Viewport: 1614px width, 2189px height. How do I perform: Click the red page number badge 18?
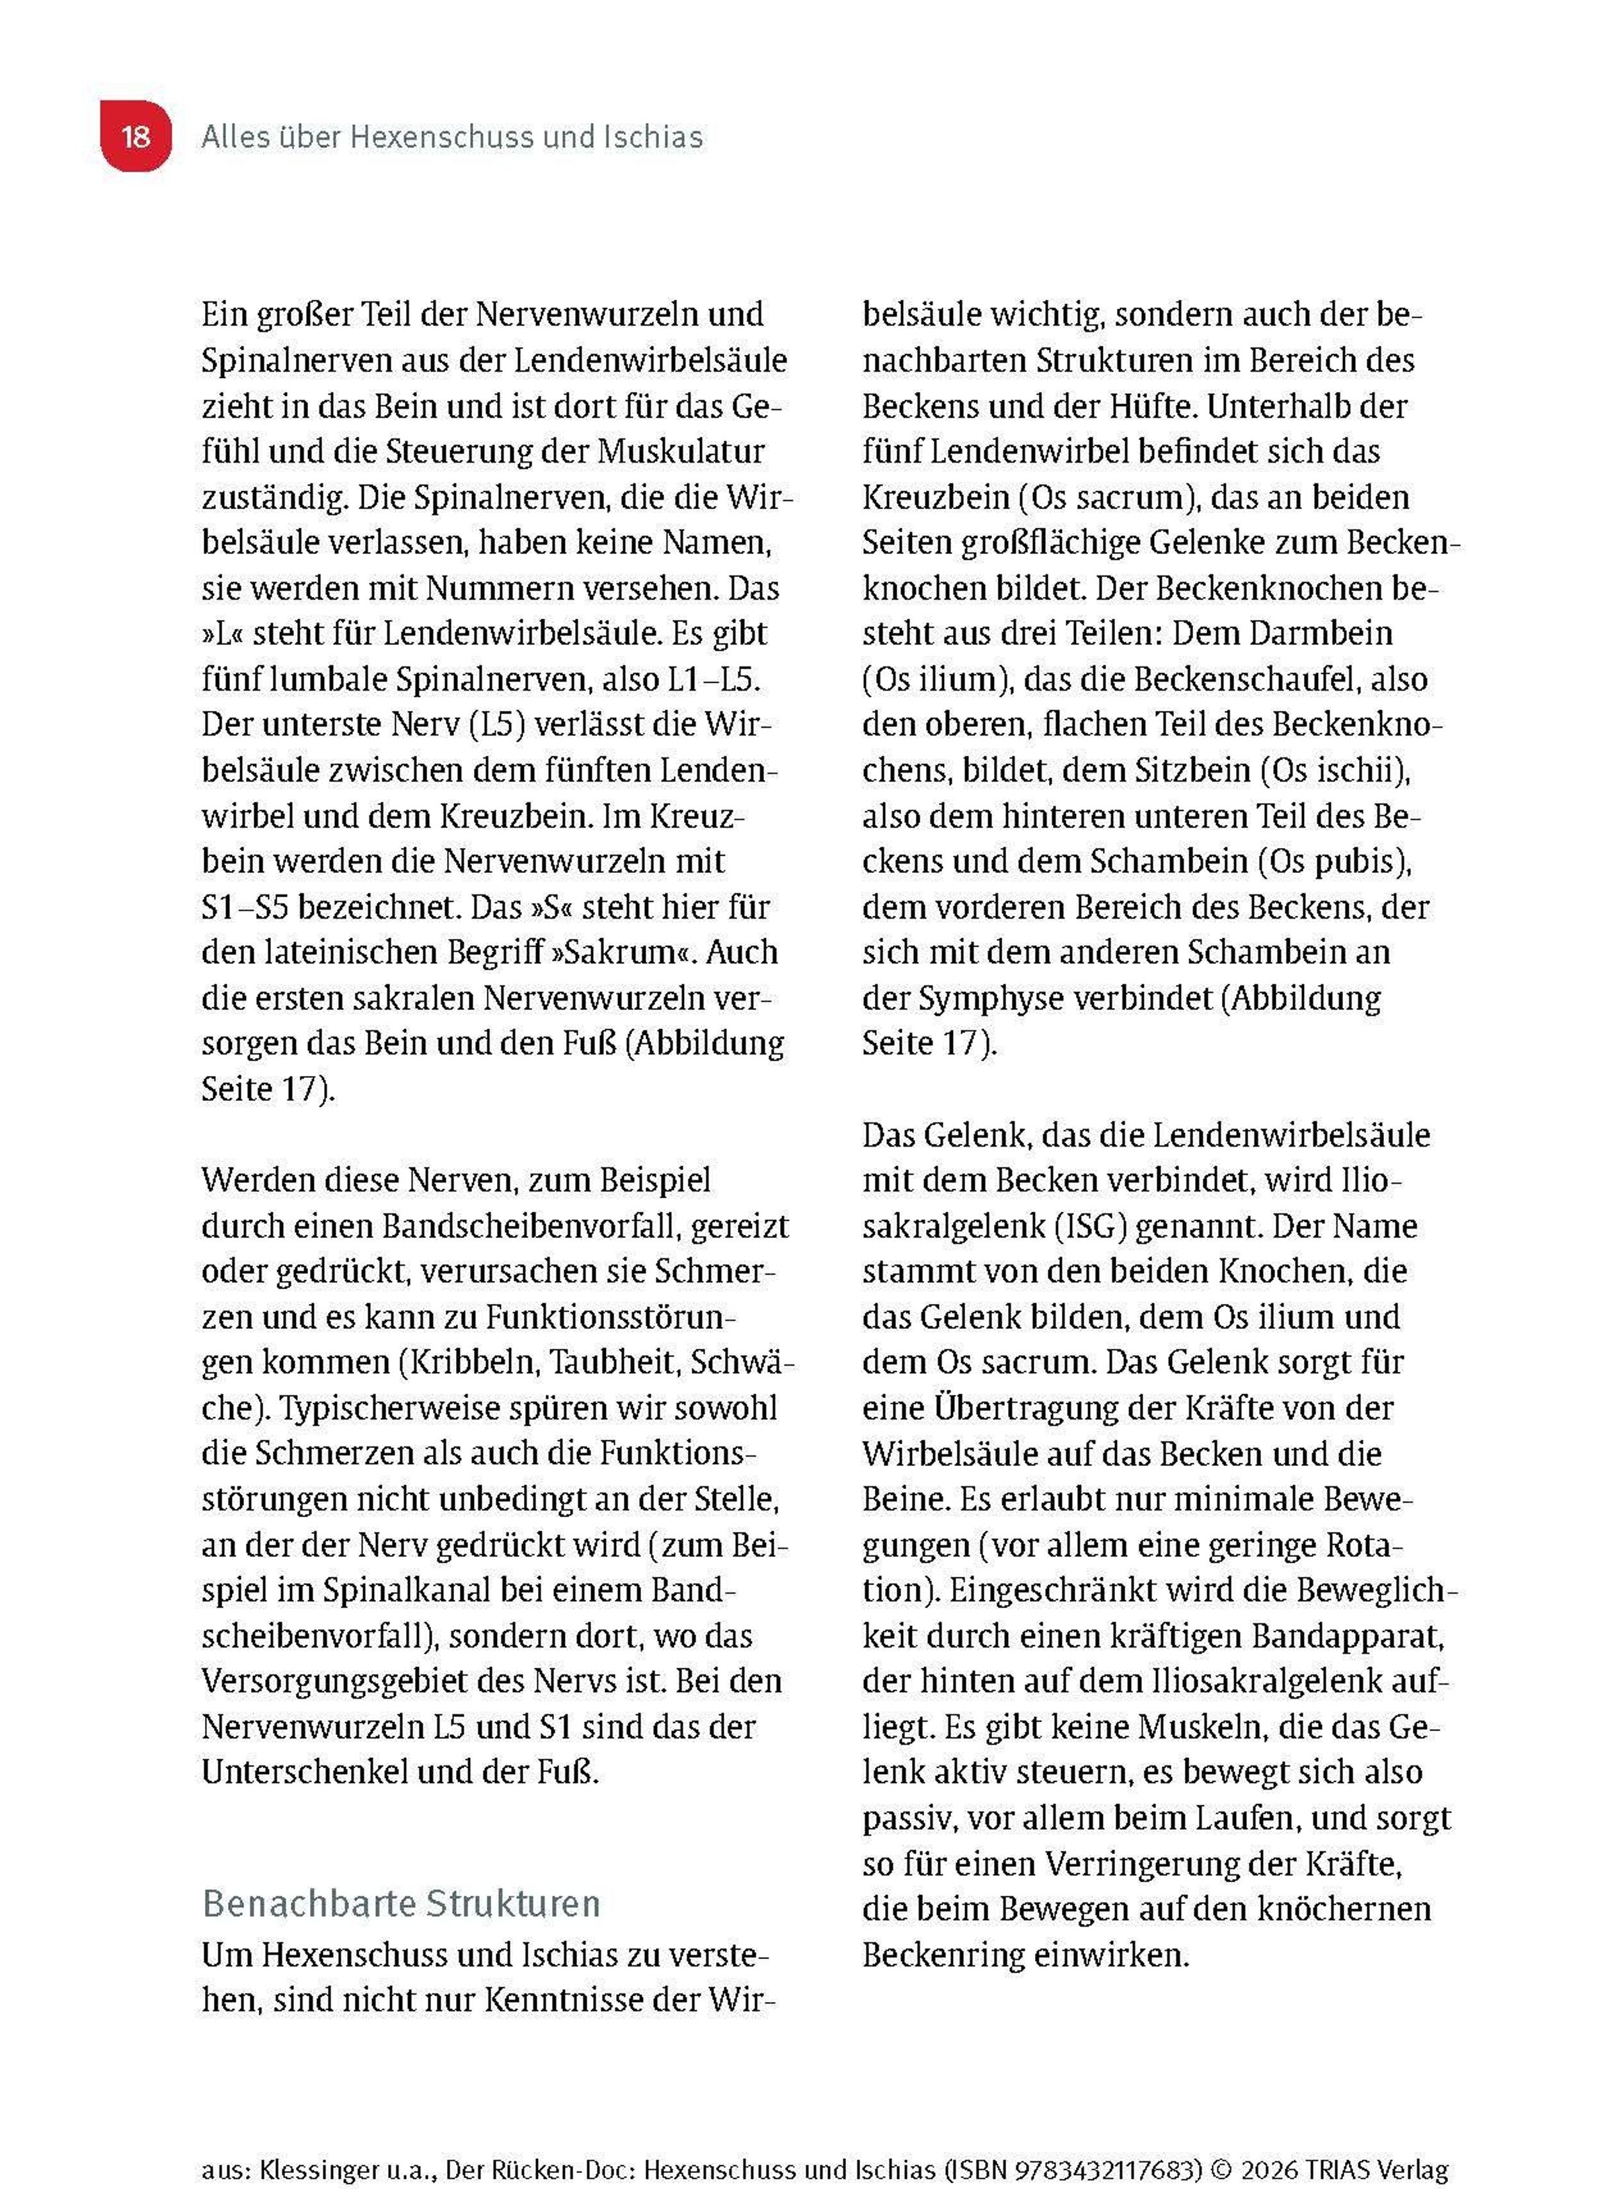(x=136, y=136)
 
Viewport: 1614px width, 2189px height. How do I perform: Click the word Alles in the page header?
(x=229, y=137)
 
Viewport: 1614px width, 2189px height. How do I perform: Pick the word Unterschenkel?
(x=304, y=1773)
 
